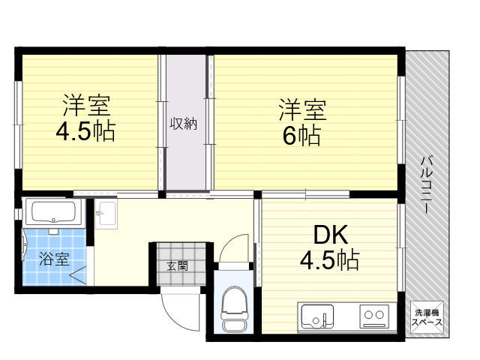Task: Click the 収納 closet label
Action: coord(183,123)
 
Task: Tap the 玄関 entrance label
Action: coord(177,266)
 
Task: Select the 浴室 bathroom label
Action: coord(54,259)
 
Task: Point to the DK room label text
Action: coord(331,235)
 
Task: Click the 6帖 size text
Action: coord(301,136)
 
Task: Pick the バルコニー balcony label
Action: coord(427,184)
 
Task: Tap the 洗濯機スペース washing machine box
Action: coord(427,317)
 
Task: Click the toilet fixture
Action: coord(233,309)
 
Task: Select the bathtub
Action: coord(54,211)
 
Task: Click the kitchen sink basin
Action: coord(317,316)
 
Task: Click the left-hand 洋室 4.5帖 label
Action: coord(86,118)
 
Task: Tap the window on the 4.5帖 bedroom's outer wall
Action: coord(18,124)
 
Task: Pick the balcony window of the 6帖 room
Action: coord(401,120)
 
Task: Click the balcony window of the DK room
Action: coord(401,247)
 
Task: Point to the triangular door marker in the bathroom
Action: coord(78,274)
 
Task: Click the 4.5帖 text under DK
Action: coord(329,259)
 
